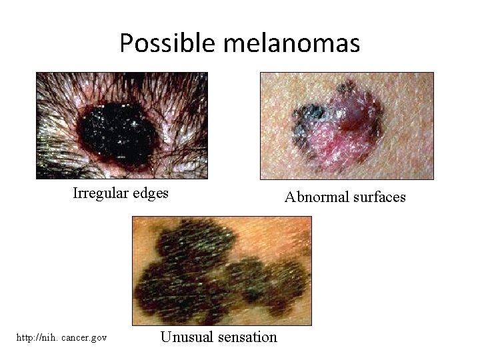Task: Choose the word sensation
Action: (x=245, y=337)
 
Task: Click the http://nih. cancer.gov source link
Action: (x=63, y=338)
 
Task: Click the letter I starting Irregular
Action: (x=75, y=194)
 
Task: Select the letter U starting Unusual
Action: (x=165, y=337)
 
